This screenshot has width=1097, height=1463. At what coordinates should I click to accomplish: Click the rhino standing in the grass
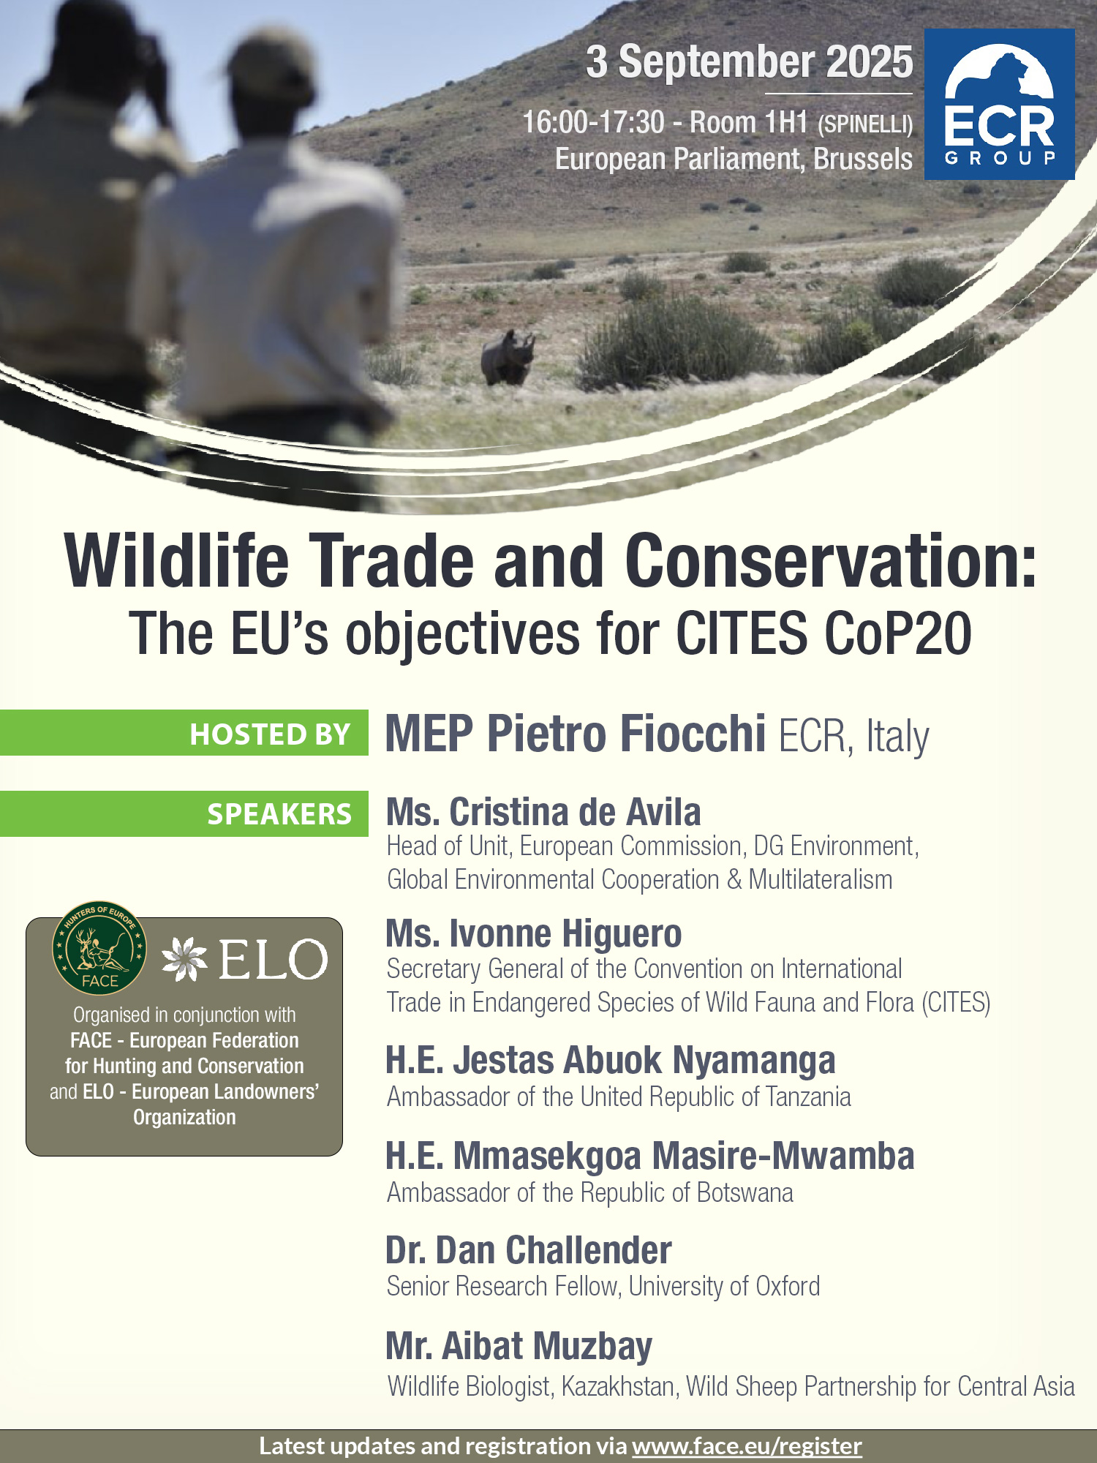[508, 358]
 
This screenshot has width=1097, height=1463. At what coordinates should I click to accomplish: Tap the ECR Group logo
[999, 104]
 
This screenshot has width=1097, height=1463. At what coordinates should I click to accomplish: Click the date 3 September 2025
[750, 61]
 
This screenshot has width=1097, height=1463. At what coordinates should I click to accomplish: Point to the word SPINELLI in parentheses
[865, 125]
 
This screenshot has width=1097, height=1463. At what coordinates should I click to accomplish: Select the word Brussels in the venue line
[863, 159]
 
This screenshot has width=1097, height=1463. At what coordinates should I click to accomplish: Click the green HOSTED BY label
[184, 733]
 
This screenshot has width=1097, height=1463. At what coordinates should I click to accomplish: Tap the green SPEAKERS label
[184, 813]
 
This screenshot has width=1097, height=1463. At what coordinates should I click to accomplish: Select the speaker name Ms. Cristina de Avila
[543, 812]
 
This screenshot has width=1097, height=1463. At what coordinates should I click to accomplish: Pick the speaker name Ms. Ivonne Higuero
[534, 933]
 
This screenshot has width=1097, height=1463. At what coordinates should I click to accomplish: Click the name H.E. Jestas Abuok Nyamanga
[611, 1060]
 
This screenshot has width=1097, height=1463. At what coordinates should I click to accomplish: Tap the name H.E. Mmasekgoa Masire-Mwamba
[650, 1156]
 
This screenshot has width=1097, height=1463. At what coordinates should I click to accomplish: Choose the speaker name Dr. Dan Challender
[529, 1250]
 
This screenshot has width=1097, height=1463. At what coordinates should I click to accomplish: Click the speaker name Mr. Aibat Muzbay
[519, 1346]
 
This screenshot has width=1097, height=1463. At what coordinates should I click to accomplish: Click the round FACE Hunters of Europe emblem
[99, 947]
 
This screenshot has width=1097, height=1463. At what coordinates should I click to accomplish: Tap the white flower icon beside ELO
[185, 959]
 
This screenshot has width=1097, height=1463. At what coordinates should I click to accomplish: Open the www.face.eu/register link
[747, 1446]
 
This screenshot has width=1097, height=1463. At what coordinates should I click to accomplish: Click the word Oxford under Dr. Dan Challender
[788, 1286]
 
